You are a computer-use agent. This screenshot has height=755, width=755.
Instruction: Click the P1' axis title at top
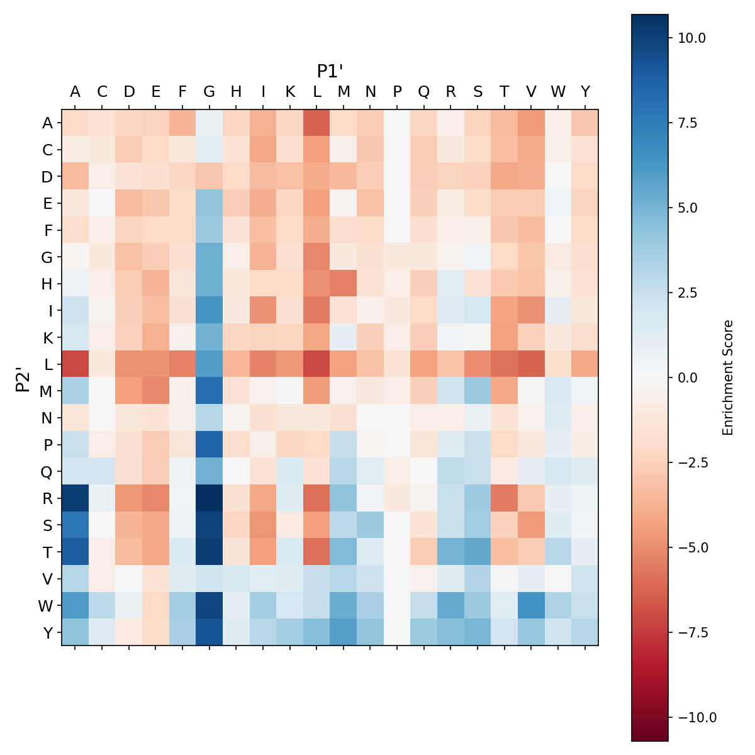330,71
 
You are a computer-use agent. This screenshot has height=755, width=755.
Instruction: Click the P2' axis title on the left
23,377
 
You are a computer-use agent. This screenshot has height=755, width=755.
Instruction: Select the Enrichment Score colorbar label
728,377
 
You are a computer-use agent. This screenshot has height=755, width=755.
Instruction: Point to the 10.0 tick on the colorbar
692,38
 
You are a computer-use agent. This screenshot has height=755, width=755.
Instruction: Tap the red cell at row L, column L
316,364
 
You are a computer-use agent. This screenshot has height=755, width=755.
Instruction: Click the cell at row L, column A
75,364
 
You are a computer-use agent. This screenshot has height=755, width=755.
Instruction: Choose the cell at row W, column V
531,605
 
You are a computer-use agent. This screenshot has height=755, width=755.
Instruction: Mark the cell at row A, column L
316,123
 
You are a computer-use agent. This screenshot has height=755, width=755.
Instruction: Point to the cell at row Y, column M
344,632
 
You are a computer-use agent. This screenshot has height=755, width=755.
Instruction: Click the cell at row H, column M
344,283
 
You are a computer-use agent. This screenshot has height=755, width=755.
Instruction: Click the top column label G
210,92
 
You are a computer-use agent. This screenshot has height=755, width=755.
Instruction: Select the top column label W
558,92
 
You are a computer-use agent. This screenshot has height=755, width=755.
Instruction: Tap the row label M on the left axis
47,391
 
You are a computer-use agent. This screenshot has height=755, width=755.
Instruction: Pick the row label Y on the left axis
47,632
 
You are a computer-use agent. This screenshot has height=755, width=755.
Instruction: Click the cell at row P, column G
210,444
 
